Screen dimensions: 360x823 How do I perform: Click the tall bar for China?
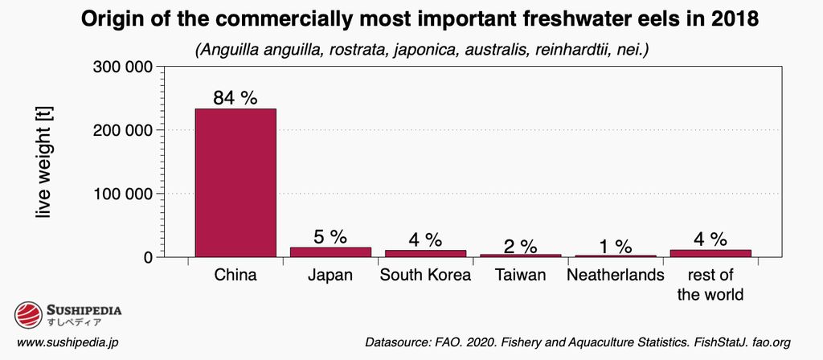[x=235, y=182]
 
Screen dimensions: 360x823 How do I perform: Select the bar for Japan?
[x=330, y=252]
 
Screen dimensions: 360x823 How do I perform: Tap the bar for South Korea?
[x=425, y=253]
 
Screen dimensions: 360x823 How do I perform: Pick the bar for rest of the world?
[x=710, y=253]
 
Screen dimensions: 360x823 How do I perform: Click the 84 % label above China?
[x=235, y=98]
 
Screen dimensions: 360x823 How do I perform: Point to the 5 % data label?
[x=330, y=237]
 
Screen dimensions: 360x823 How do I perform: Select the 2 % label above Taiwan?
[x=520, y=244]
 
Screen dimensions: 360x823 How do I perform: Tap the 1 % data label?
[x=615, y=246]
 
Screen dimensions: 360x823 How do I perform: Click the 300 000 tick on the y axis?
[x=125, y=67]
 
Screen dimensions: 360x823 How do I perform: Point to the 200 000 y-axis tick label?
[x=125, y=130]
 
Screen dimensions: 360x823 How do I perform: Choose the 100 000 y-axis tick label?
[x=125, y=194]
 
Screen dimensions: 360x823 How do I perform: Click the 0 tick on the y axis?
[x=148, y=257]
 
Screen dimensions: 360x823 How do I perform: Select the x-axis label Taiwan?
[x=520, y=276]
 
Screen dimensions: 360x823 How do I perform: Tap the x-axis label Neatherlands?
[x=615, y=276]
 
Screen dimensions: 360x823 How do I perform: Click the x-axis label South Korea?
[x=425, y=276]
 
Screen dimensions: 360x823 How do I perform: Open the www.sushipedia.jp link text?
[x=68, y=342]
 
